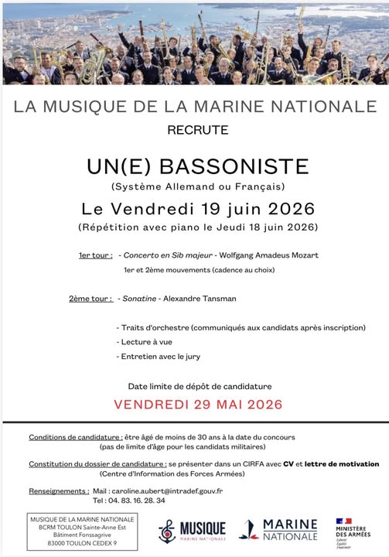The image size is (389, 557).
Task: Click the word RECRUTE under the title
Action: (x=197, y=130)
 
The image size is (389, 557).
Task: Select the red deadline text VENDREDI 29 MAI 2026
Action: (x=198, y=404)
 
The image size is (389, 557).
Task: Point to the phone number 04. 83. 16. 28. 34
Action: (x=135, y=501)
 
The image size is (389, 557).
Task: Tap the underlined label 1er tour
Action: (x=94, y=255)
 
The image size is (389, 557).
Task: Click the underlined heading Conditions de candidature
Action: (x=75, y=437)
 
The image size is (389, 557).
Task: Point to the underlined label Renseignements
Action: (x=58, y=490)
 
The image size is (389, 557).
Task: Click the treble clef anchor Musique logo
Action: (x=191, y=531)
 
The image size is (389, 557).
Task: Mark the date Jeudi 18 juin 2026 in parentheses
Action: (x=260, y=227)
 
